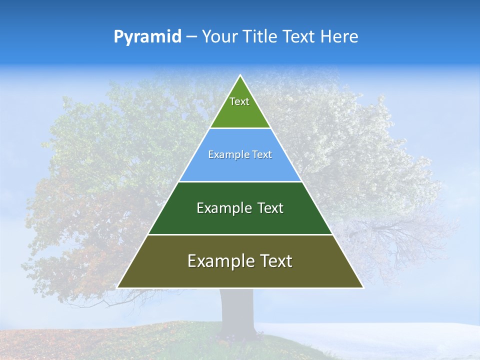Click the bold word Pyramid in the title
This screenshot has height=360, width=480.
147,37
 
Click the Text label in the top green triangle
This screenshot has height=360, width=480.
239,101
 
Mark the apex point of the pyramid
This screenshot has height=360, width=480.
240,75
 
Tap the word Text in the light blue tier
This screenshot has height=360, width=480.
262,154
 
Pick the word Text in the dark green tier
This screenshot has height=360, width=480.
270,208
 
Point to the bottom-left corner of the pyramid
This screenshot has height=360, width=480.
118,287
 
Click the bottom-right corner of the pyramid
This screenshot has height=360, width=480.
362,287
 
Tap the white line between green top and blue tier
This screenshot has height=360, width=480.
240,128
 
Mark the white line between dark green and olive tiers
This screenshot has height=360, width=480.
240,234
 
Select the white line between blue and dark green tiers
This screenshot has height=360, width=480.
240,181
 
